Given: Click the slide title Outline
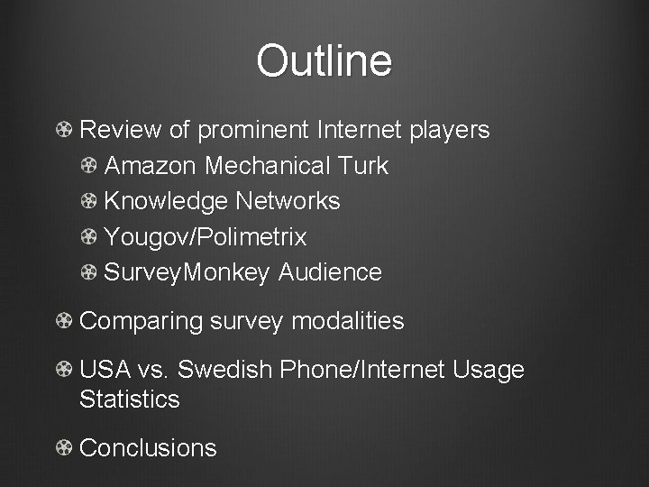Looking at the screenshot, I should pos(324,61).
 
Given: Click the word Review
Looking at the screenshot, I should pos(121,130).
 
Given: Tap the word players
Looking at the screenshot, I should pos(449,130).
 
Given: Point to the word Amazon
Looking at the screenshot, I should pos(151,166).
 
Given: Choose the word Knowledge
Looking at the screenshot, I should pos(166,201).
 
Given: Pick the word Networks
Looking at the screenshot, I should pos(288,201).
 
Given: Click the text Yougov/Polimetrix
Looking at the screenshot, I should pos(206,237).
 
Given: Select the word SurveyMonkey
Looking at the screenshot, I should pos(187,272).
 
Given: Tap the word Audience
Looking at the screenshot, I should pos(330,272).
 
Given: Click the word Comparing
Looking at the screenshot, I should pos(142,321).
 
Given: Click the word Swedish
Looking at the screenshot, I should pos(226,370).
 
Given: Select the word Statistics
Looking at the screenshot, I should pos(130,399).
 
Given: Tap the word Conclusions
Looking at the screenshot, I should pos(149,448).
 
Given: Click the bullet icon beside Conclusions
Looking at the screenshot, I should pos(64,448).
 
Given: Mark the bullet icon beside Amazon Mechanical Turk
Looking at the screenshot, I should pos(89,166).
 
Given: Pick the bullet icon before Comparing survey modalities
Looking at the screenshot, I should pos(64,321).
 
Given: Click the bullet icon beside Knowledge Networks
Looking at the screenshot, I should pos(89,201).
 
